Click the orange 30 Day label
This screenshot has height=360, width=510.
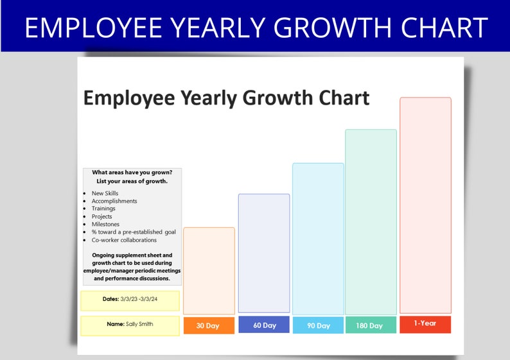pyautogui.click(x=209, y=325)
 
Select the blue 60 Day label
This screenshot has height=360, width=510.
pyautogui.click(x=264, y=325)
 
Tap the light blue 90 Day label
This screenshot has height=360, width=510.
pyautogui.click(x=319, y=325)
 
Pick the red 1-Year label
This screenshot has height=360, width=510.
pyautogui.click(x=425, y=324)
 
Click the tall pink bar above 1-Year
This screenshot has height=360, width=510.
pyautogui.click(x=425, y=205)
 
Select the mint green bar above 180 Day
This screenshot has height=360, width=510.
pyautogui.click(x=371, y=221)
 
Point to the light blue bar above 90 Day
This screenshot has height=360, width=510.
pyautogui.click(x=318, y=238)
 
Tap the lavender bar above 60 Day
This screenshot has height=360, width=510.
pyautogui.click(x=264, y=253)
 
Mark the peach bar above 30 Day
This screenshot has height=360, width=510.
pyautogui.click(x=209, y=270)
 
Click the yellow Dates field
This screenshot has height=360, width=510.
pyautogui.click(x=130, y=300)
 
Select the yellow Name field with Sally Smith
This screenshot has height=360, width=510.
pyautogui.click(x=130, y=325)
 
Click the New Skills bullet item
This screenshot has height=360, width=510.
pyautogui.click(x=105, y=193)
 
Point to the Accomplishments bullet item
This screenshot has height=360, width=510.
pyautogui.click(x=114, y=201)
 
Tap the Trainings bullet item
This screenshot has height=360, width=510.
pyautogui.click(x=103, y=209)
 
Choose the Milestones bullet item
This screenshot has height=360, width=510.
pyautogui.click(x=105, y=224)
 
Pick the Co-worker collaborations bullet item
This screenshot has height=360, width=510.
pyautogui.click(x=124, y=240)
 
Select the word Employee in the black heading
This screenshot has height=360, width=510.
pyautogui.click(x=128, y=98)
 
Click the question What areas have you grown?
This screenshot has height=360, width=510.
pyautogui.click(x=132, y=172)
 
